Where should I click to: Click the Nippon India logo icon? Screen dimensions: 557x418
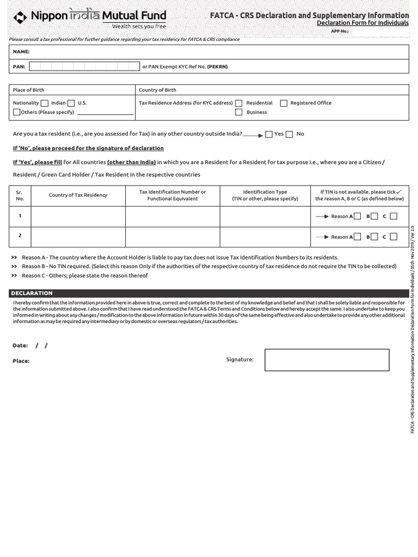coord(20,17)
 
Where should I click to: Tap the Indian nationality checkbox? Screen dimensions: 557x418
coord(45,103)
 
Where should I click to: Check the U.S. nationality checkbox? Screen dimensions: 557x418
coord(72,103)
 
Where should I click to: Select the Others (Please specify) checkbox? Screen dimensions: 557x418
coord(17,112)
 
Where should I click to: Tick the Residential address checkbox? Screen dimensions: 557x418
coord(238,103)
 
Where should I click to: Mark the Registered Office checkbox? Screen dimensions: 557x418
coord(284,103)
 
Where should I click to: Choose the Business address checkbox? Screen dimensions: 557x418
coord(238,112)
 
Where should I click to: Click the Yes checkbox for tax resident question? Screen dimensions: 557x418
coord(269,134)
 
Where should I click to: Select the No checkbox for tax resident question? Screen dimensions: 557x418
coord(290,134)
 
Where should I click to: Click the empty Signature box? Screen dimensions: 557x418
coord(327,360)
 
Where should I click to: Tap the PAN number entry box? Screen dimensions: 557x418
coord(84,66)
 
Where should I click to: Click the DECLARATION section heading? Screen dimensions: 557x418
coord(32,293)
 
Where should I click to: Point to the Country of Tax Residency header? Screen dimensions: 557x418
coord(78,195)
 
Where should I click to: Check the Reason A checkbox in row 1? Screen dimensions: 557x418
coord(357,216)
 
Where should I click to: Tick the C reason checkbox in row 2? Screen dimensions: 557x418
coord(394,237)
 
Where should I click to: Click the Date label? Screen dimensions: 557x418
coord(20,345)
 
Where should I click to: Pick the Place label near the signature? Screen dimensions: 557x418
coord(21,361)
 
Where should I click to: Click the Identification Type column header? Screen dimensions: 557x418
coord(265,195)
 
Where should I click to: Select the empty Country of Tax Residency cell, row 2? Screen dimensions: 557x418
coord(78,237)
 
